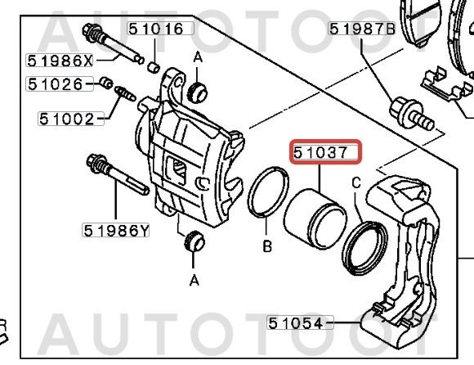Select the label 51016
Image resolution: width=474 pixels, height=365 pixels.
coord(154,29)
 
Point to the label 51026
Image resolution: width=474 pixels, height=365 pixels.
coord(55,83)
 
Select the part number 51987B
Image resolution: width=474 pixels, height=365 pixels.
coord(362,29)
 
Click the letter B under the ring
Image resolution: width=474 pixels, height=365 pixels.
coord(266,246)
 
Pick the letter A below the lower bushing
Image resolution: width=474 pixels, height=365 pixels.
coord(195,280)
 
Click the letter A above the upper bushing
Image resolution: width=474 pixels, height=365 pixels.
coord(197,56)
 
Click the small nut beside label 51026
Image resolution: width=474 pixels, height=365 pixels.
coord(105,83)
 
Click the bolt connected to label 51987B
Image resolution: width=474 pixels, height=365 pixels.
coord(411,113)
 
